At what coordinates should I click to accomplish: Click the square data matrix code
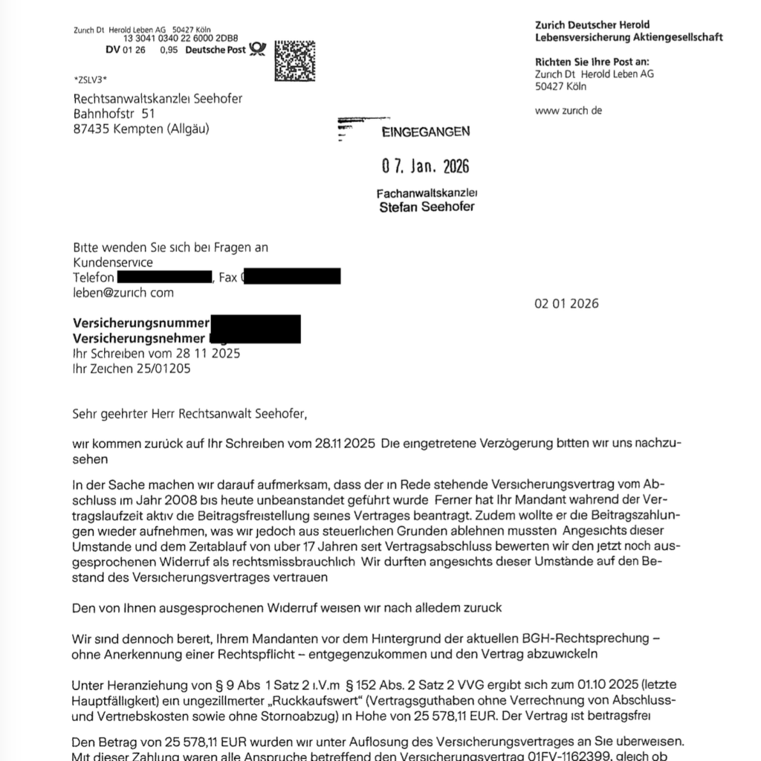coord(295,60)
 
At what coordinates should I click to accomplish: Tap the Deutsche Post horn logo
coord(258,49)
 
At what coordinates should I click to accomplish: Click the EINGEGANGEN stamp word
coord(425,132)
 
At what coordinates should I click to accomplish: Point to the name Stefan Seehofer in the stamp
coord(427,207)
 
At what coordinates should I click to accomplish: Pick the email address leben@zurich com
coord(123,292)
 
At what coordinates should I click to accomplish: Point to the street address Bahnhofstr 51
coord(114,114)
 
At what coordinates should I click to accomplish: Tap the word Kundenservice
coord(113,262)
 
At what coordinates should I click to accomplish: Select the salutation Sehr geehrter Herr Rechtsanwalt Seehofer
coord(189,412)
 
